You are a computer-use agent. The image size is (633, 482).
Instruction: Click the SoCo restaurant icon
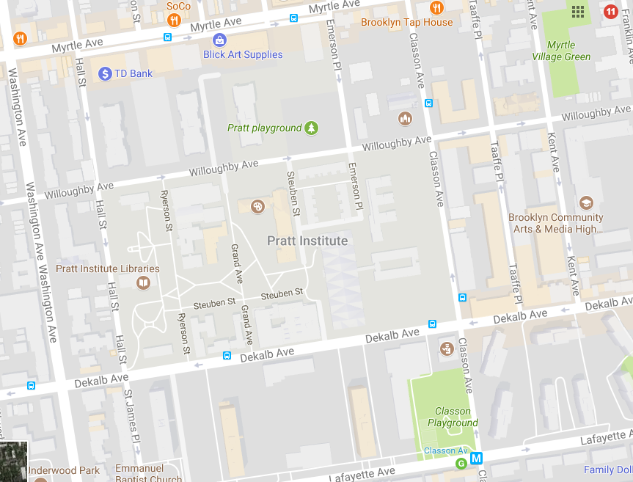click(174, 19)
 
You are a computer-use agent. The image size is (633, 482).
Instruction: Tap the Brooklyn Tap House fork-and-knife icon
click(437, 8)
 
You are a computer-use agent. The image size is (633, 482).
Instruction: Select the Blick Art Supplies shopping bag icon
click(219, 40)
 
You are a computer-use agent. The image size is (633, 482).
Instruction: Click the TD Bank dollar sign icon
click(105, 73)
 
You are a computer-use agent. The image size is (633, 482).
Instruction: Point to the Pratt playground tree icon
click(312, 128)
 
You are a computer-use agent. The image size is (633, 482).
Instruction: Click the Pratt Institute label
click(307, 241)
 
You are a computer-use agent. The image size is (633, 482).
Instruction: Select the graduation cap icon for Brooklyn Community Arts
click(585, 202)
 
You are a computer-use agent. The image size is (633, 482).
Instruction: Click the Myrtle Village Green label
click(561, 51)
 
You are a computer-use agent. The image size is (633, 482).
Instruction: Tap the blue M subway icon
click(477, 459)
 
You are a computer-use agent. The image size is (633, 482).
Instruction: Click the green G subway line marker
click(461, 463)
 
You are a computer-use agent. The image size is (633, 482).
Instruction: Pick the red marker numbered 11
click(610, 11)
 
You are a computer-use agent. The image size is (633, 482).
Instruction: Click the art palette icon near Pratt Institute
click(258, 206)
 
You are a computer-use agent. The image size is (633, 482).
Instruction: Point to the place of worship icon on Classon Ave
click(405, 118)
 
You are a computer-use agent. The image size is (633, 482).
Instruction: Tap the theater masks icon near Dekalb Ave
click(446, 347)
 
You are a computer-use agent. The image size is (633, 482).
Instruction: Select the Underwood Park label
click(64, 470)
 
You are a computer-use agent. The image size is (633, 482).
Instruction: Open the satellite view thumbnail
click(13, 461)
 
